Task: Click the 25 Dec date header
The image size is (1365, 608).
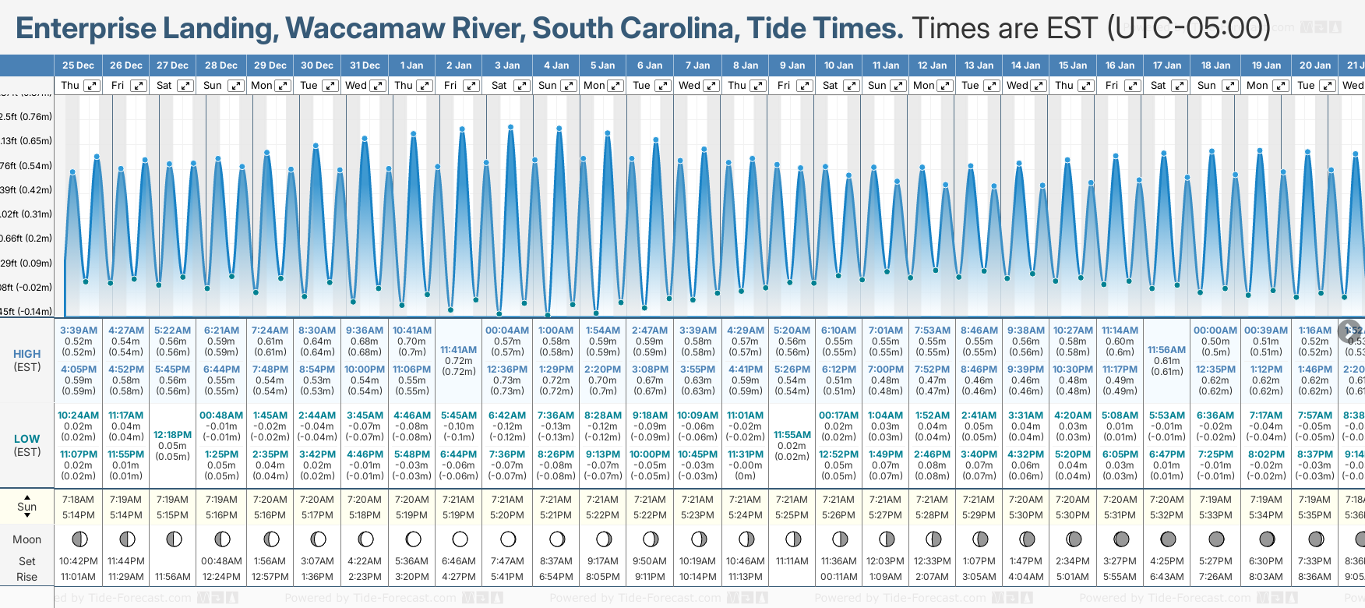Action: click(78, 65)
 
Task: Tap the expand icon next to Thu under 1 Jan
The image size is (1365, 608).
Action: click(425, 86)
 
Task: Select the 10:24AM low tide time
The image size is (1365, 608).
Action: click(78, 415)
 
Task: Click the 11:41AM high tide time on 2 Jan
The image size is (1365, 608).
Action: click(458, 350)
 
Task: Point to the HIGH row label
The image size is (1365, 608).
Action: click(26, 354)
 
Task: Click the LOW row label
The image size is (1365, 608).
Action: click(26, 439)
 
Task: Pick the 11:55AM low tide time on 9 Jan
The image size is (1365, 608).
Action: click(792, 435)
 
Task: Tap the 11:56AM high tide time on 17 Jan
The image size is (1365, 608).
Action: click(1166, 350)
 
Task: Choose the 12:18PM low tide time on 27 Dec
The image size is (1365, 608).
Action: click(172, 435)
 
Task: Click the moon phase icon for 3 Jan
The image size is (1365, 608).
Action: click(508, 539)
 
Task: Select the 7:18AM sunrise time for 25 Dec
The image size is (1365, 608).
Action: click(78, 500)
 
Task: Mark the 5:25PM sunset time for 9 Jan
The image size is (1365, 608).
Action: click(792, 515)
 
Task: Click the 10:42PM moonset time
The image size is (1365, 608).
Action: click(78, 561)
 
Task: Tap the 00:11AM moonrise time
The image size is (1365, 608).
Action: click(838, 577)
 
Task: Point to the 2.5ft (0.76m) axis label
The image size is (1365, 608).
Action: click(26, 117)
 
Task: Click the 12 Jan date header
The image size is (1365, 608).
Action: click(932, 65)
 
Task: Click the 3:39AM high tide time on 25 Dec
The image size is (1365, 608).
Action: click(78, 331)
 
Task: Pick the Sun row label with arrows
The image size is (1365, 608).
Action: click(26, 507)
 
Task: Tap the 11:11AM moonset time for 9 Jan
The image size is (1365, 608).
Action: click(792, 561)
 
